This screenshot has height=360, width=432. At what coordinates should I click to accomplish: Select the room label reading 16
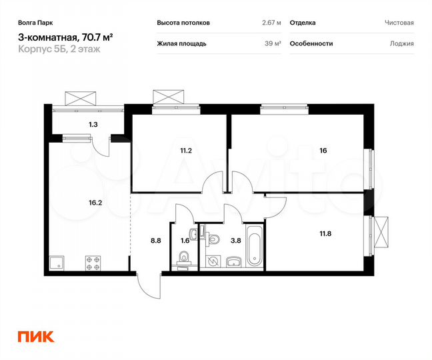click(323, 151)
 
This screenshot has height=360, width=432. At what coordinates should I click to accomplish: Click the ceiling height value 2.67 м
click(271, 23)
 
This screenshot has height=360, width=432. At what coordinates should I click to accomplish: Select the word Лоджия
click(401, 43)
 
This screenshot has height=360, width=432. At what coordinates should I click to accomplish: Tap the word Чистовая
click(399, 23)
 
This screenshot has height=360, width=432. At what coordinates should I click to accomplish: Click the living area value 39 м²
click(273, 43)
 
